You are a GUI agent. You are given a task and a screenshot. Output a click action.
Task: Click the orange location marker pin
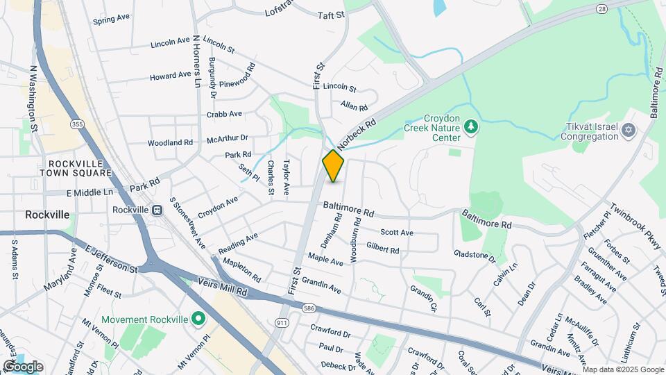[333, 166]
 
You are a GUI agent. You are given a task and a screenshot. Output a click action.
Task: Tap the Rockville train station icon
[158, 210]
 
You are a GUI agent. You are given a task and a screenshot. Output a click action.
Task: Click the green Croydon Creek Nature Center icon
[471, 126]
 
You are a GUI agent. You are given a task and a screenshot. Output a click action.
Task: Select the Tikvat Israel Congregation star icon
[629, 130]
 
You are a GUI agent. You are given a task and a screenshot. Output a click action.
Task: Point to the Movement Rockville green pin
[198, 319]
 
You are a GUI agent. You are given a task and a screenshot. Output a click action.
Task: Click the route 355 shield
[76, 124]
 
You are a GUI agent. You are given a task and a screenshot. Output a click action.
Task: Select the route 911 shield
[282, 323]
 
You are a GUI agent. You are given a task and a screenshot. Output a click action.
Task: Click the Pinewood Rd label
[247, 76]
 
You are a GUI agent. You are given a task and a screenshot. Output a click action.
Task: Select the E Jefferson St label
[111, 258]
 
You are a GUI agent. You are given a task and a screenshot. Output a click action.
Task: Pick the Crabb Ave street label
[224, 114]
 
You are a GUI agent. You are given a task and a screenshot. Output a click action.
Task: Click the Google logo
[23, 366]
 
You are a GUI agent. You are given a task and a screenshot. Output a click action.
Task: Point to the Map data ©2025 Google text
[622, 369]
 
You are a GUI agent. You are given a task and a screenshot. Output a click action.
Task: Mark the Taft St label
[331, 15]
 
